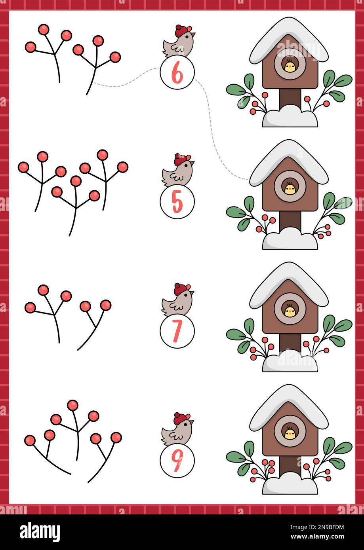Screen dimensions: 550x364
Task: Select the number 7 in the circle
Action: pyautogui.click(x=177, y=332)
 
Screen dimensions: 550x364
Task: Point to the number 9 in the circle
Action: pyautogui.click(x=177, y=461)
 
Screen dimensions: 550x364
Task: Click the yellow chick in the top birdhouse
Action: pyautogui.click(x=290, y=66)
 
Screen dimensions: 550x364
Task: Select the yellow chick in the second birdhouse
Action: pyautogui.click(x=290, y=189)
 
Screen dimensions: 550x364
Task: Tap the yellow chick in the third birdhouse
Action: pyautogui.click(x=290, y=311)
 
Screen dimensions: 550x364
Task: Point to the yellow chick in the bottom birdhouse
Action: pyautogui.click(x=290, y=434)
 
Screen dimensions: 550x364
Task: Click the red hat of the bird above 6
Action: pyautogui.click(x=182, y=30)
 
